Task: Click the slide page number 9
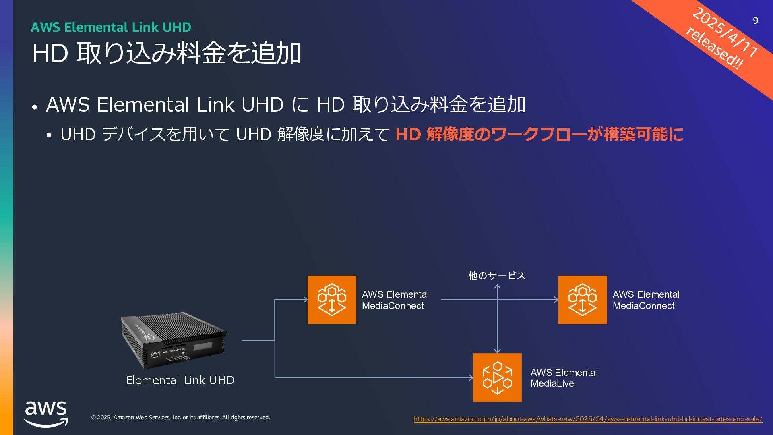click(x=755, y=21)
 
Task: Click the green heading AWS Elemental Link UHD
click(x=111, y=27)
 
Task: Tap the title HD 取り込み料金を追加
click(x=166, y=53)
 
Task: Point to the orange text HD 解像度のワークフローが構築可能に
click(x=539, y=134)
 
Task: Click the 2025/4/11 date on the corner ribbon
click(x=725, y=32)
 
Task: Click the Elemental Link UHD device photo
click(x=174, y=340)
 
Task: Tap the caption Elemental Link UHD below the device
click(x=180, y=380)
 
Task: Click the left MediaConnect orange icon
click(x=332, y=300)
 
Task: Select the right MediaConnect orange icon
click(x=582, y=300)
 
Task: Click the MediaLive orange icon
click(x=497, y=377)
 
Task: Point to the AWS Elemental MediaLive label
click(x=564, y=378)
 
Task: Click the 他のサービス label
click(x=497, y=275)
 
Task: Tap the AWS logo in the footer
click(x=46, y=414)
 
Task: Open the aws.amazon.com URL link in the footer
click(x=588, y=419)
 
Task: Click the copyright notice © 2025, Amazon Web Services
click(x=180, y=417)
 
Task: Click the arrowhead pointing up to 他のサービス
click(x=497, y=287)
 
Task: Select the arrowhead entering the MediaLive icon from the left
click(x=471, y=377)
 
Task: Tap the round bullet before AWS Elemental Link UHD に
click(x=35, y=107)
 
